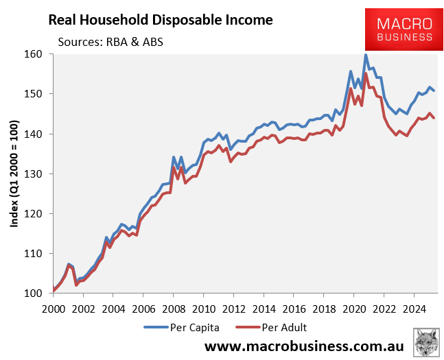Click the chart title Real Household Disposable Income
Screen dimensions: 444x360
161,21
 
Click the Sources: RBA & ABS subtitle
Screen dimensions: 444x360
110,42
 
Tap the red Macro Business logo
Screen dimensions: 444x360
404,29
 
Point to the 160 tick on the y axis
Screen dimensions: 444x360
34,53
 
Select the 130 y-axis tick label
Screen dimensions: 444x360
34,173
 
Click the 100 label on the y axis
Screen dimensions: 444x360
34,293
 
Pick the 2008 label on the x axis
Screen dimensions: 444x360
174,309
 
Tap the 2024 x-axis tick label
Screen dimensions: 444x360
414,309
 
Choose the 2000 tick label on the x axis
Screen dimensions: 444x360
54,309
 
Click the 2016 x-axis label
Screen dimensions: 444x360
294,309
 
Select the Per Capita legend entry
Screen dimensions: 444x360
181,328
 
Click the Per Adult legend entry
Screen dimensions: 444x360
271,328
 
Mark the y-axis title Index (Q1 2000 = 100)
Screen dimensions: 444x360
14,173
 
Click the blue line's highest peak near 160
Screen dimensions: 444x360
366,55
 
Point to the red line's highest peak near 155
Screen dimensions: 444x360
366,73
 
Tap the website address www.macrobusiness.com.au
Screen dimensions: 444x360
304,346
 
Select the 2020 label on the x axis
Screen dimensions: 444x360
354,309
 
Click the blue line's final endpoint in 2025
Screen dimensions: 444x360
434,91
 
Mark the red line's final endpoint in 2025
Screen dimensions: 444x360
434,118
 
